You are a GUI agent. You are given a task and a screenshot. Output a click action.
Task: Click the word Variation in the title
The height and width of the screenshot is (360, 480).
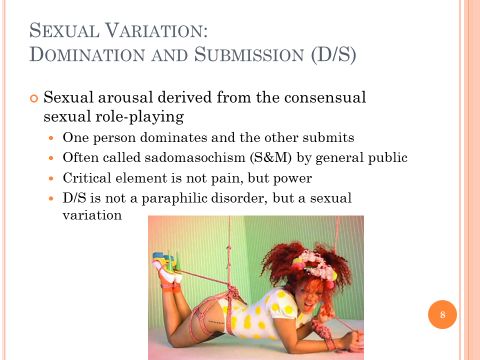pyautogui.click(x=156, y=31)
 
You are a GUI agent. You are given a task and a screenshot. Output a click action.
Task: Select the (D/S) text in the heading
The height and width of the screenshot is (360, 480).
pyautogui.click(x=334, y=54)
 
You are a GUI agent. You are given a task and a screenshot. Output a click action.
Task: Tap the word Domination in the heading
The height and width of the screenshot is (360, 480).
pyautogui.click(x=87, y=54)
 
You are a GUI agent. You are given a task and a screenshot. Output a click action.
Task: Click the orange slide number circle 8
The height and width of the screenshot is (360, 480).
pyautogui.click(x=442, y=314)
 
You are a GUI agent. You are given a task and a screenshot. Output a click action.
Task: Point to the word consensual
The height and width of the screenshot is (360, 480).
pyautogui.click(x=325, y=97)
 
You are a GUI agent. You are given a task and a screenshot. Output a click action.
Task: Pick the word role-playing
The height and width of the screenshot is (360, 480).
pyautogui.click(x=140, y=117)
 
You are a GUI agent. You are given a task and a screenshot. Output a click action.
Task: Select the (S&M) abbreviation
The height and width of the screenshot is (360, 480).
pyautogui.click(x=271, y=157)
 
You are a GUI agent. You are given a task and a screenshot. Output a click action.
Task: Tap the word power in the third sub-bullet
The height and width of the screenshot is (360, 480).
pyautogui.click(x=292, y=179)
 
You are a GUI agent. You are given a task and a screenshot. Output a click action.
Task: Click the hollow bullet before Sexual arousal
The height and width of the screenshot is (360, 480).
pyautogui.click(x=34, y=99)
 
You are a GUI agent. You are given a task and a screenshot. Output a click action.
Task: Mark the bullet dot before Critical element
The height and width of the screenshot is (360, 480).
pyautogui.click(x=51, y=178)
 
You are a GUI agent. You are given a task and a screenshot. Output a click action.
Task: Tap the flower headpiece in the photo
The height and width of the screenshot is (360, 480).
pyautogui.click(x=318, y=266)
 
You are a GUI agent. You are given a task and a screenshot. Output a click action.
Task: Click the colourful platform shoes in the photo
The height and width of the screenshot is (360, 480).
pyautogui.click(x=166, y=267)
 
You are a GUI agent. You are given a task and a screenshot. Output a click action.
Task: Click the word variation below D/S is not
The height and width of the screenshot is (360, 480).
pyautogui.click(x=92, y=215)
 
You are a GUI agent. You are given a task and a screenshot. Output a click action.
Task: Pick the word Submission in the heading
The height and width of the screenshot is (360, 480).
pyautogui.click(x=249, y=54)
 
